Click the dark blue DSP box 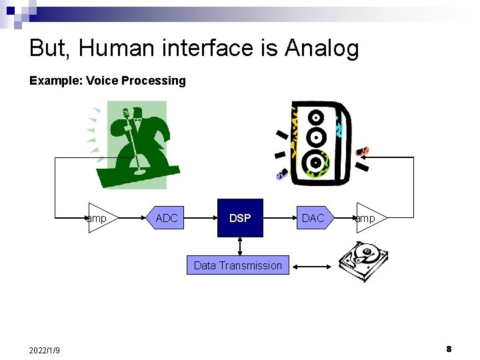[240, 218]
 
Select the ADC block [167, 218]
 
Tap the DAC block [313, 218]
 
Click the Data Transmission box [238, 265]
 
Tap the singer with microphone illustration [137, 143]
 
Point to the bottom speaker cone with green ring [314, 162]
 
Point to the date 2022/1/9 [45, 350]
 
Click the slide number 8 [449, 349]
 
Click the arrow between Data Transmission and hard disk [312, 266]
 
